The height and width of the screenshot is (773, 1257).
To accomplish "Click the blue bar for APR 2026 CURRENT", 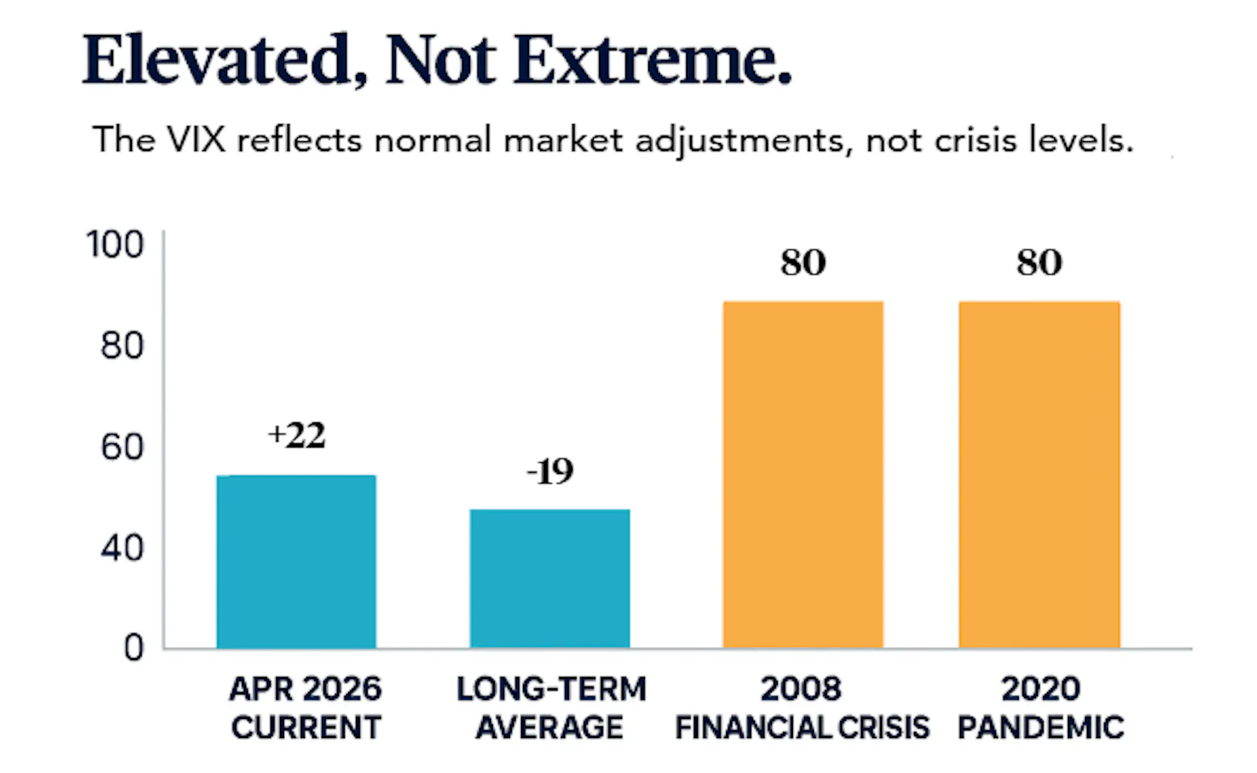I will (x=296, y=561).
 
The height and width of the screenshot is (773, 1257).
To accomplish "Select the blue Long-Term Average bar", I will (x=550, y=578).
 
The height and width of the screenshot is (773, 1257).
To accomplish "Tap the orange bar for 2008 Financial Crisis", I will (x=803, y=474).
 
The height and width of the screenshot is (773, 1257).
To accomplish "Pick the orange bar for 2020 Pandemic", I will (x=1039, y=474).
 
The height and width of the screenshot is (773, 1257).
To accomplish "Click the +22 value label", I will (x=296, y=436).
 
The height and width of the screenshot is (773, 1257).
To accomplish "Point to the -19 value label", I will (x=550, y=472).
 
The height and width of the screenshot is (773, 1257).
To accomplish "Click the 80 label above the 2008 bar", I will (x=803, y=263).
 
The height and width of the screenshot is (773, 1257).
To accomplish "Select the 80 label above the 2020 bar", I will (x=1039, y=263).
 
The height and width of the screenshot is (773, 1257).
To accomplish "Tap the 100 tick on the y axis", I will (x=115, y=244).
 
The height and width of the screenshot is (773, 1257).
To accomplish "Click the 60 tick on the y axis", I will (x=122, y=446).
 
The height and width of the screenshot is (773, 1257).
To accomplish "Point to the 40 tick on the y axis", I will (x=122, y=548).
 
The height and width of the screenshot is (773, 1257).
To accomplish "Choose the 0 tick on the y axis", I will (x=134, y=648).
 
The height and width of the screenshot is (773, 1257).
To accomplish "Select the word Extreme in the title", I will (x=652, y=60).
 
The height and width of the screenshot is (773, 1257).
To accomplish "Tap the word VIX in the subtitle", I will (x=196, y=139).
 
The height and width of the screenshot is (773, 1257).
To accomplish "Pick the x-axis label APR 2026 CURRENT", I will (x=306, y=708).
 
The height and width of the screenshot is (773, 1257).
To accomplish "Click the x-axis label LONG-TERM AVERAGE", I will (x=551, y=708).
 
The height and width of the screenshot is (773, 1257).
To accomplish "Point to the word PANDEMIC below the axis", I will (x=1041, y=728).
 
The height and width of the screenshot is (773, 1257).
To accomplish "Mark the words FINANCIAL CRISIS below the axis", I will (x=802, y=728).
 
